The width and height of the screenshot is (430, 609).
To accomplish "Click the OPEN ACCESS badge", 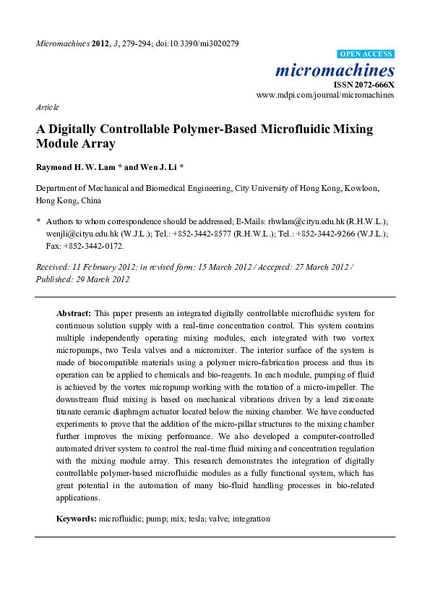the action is [x=366, y=54].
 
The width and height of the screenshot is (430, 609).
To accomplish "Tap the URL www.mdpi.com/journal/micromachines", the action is [x=326, y=95].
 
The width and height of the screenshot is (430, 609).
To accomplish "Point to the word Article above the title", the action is [x=47, y=107].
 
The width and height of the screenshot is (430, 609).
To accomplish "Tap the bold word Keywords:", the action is [x=77, y=519].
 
